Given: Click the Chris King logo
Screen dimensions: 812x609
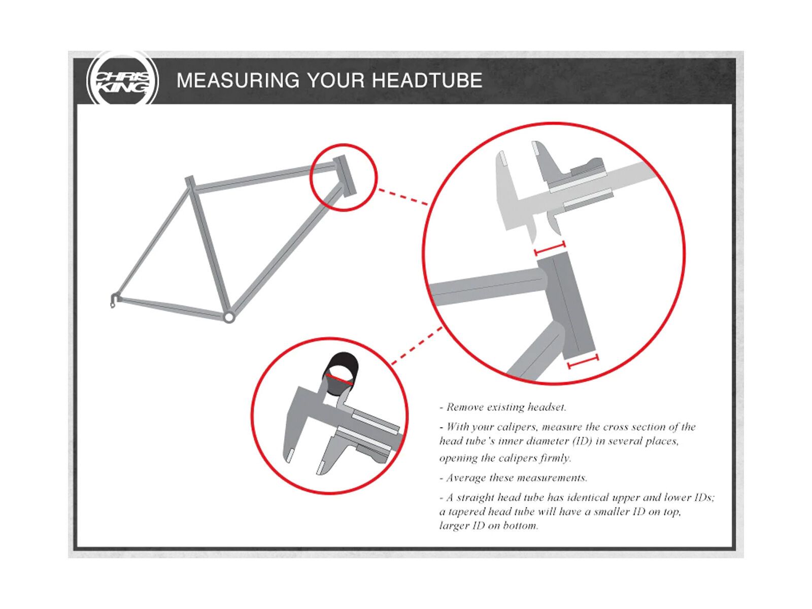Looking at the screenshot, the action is (122, 80).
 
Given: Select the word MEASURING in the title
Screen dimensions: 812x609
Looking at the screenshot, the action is (238, 80).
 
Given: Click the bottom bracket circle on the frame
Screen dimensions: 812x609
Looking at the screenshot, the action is (228, 317).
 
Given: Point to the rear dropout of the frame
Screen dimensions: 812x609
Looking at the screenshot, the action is (115, 299).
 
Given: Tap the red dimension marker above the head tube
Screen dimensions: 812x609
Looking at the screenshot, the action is (550, 248).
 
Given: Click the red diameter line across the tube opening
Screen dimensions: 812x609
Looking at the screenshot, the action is (339, 380).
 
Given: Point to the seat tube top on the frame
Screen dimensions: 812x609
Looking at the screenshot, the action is (189, 182).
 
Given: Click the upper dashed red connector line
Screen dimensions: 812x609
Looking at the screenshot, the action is (402, 196).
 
